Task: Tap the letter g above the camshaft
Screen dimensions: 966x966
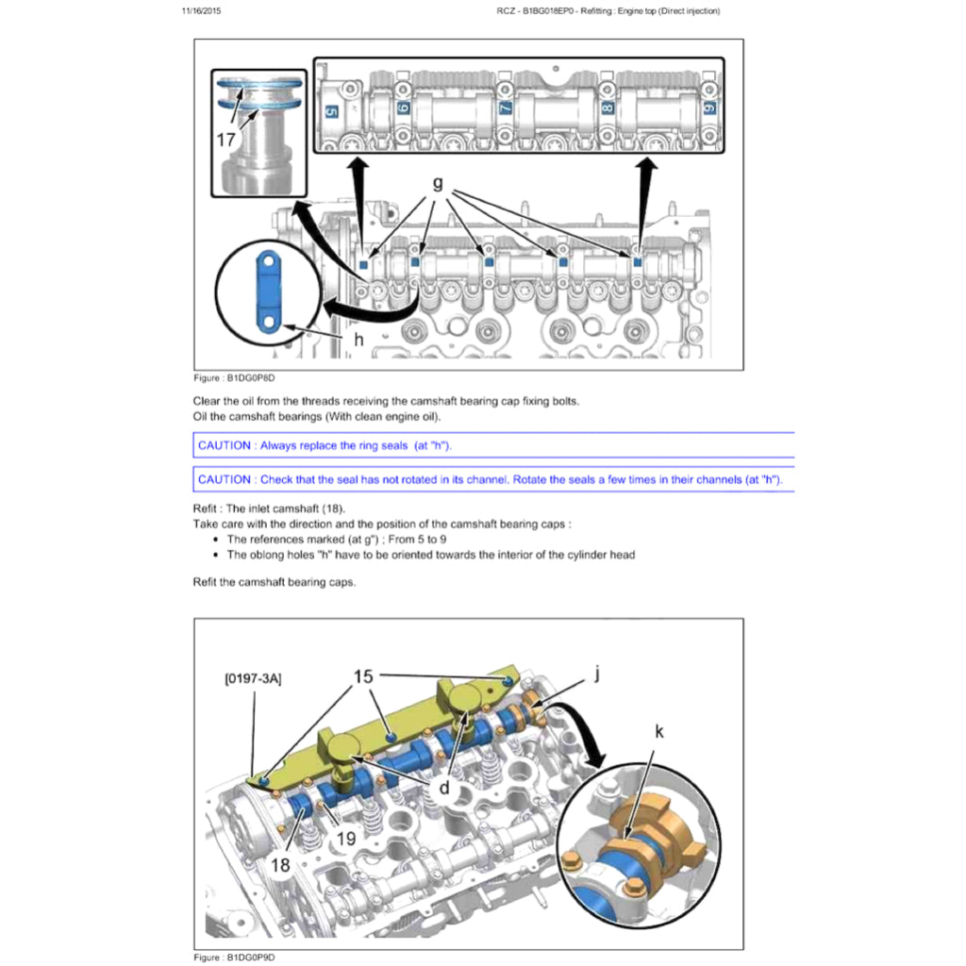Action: click(x=437, y=184)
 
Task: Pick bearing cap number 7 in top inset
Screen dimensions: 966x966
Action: click(x=505, y=108)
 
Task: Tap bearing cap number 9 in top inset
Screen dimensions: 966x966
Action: click(x=708, y=108)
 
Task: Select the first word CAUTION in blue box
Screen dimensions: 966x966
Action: click(x=225, y=445)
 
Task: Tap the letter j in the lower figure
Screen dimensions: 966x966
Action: click(x=596, y=673)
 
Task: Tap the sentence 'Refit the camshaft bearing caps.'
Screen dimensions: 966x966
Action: click(x=274, y=582)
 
